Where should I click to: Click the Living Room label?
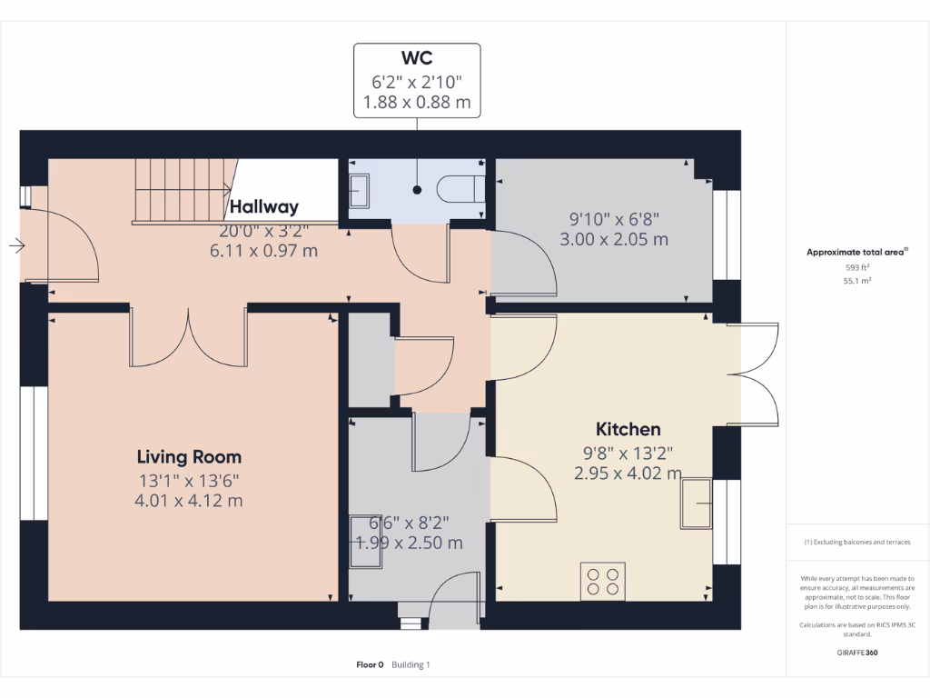[189, 456]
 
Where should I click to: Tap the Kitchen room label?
[628, 429]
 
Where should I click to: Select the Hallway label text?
[264, 207]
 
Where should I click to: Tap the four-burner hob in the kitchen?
[603, 581]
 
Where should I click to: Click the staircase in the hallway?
[182, 189]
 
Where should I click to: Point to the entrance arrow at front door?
[17, 245]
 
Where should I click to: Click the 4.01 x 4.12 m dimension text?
[189, 500]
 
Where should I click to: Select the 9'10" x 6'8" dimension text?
[613, 218]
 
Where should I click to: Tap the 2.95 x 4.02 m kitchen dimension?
[628, 473]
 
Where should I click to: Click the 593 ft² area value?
[857, 268]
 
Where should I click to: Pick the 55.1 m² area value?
[857, 282]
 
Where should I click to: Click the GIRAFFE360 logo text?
[857, 653]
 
